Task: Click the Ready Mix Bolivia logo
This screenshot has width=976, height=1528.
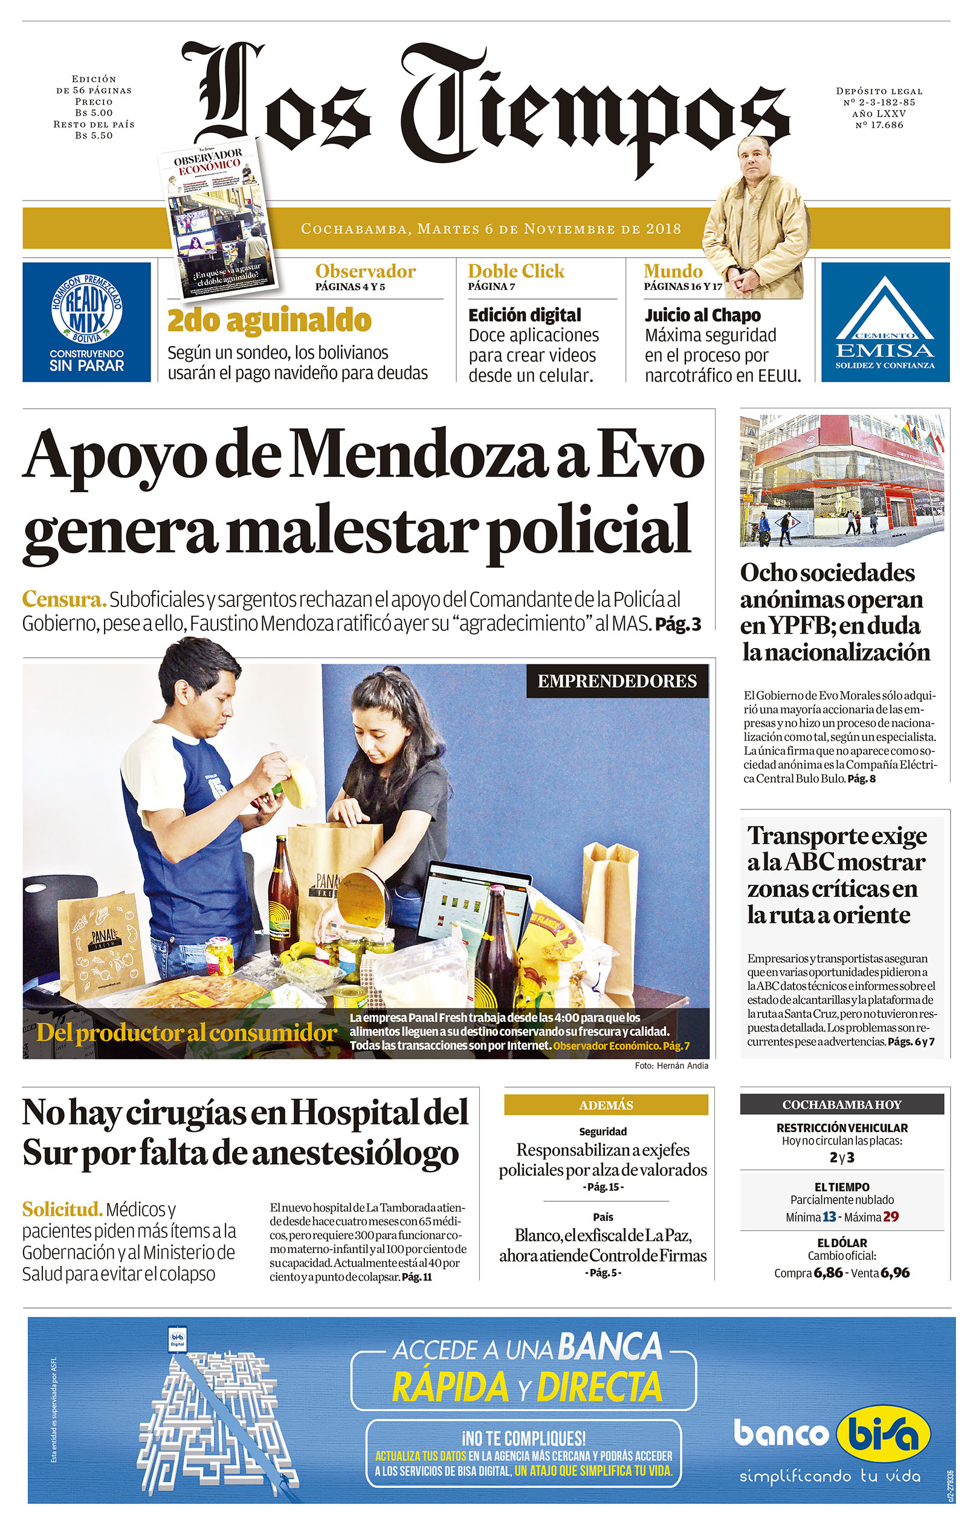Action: tap(86, 309)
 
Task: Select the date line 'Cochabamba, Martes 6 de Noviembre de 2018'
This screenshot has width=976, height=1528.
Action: tap(491, 228)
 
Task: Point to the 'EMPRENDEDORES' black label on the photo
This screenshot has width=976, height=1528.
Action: tap(616, 681)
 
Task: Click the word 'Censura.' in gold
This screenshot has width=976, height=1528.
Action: tap(63, 599)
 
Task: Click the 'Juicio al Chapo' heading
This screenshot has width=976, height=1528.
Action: tap(702, 315)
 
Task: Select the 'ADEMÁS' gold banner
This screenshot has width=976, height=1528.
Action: tap(606, 1105)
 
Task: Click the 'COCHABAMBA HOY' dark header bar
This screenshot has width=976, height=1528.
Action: tap(841, 1104)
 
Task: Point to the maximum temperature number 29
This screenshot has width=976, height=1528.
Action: tap(891, 1217)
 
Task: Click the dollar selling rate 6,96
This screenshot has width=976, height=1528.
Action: tap(896, 1273)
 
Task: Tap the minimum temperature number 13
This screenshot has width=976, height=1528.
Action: tap(829, 1217)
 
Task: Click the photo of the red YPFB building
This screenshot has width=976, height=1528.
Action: tap(841, 480)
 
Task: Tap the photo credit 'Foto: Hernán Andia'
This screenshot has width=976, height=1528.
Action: tap(671, 1065)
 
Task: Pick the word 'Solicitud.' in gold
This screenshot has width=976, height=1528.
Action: tap(62, 1209)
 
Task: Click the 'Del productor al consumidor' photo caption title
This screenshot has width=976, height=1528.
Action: tap(186, 1033)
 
